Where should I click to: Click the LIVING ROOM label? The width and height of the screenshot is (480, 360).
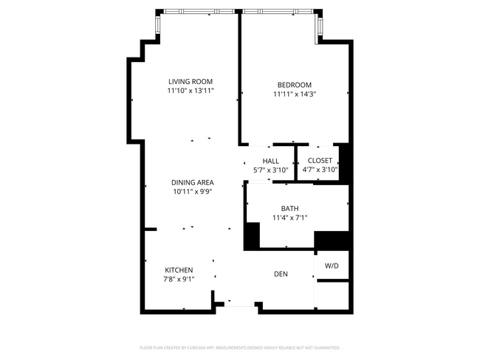(190, 81)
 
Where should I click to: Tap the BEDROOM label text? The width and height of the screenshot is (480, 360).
(294, 84)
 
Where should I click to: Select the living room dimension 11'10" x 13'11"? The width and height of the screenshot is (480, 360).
(190, 91)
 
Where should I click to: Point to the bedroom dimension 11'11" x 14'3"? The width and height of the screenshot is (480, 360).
(294, 94)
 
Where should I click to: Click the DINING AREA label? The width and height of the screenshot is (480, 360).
(192, 182)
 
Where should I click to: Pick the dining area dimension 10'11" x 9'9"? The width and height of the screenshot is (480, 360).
(192, 192)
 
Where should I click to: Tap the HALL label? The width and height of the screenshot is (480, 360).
(270, 160)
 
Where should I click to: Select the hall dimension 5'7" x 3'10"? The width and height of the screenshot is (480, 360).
(270, 170)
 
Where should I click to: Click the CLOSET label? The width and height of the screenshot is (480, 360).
(320, 160)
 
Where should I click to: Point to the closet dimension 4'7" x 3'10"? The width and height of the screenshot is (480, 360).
(320, 170)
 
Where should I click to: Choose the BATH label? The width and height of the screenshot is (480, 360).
(289, 208)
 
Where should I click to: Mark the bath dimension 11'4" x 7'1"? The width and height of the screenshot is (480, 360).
(289, 218)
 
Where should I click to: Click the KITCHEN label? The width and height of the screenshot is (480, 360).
(179, 270)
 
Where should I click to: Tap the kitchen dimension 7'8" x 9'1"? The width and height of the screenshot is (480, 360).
(179, 280)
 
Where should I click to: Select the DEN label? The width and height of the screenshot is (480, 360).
(281, 274)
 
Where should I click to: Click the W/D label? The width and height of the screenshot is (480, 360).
(332, 266)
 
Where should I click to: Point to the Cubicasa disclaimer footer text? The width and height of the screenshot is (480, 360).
(240, 347)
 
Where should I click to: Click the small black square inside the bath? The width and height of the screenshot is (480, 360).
(253, 235)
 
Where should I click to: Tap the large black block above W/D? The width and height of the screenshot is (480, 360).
(332, 240)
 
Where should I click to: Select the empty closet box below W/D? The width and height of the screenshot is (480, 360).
(332, 294)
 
